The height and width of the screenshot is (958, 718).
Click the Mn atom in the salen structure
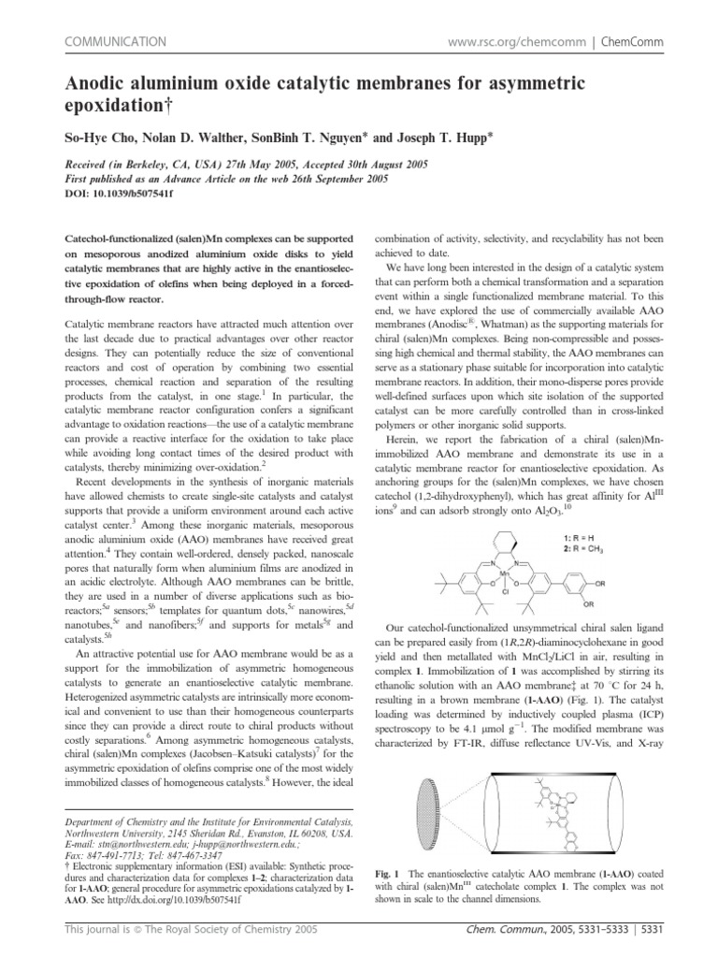point(478,569)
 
